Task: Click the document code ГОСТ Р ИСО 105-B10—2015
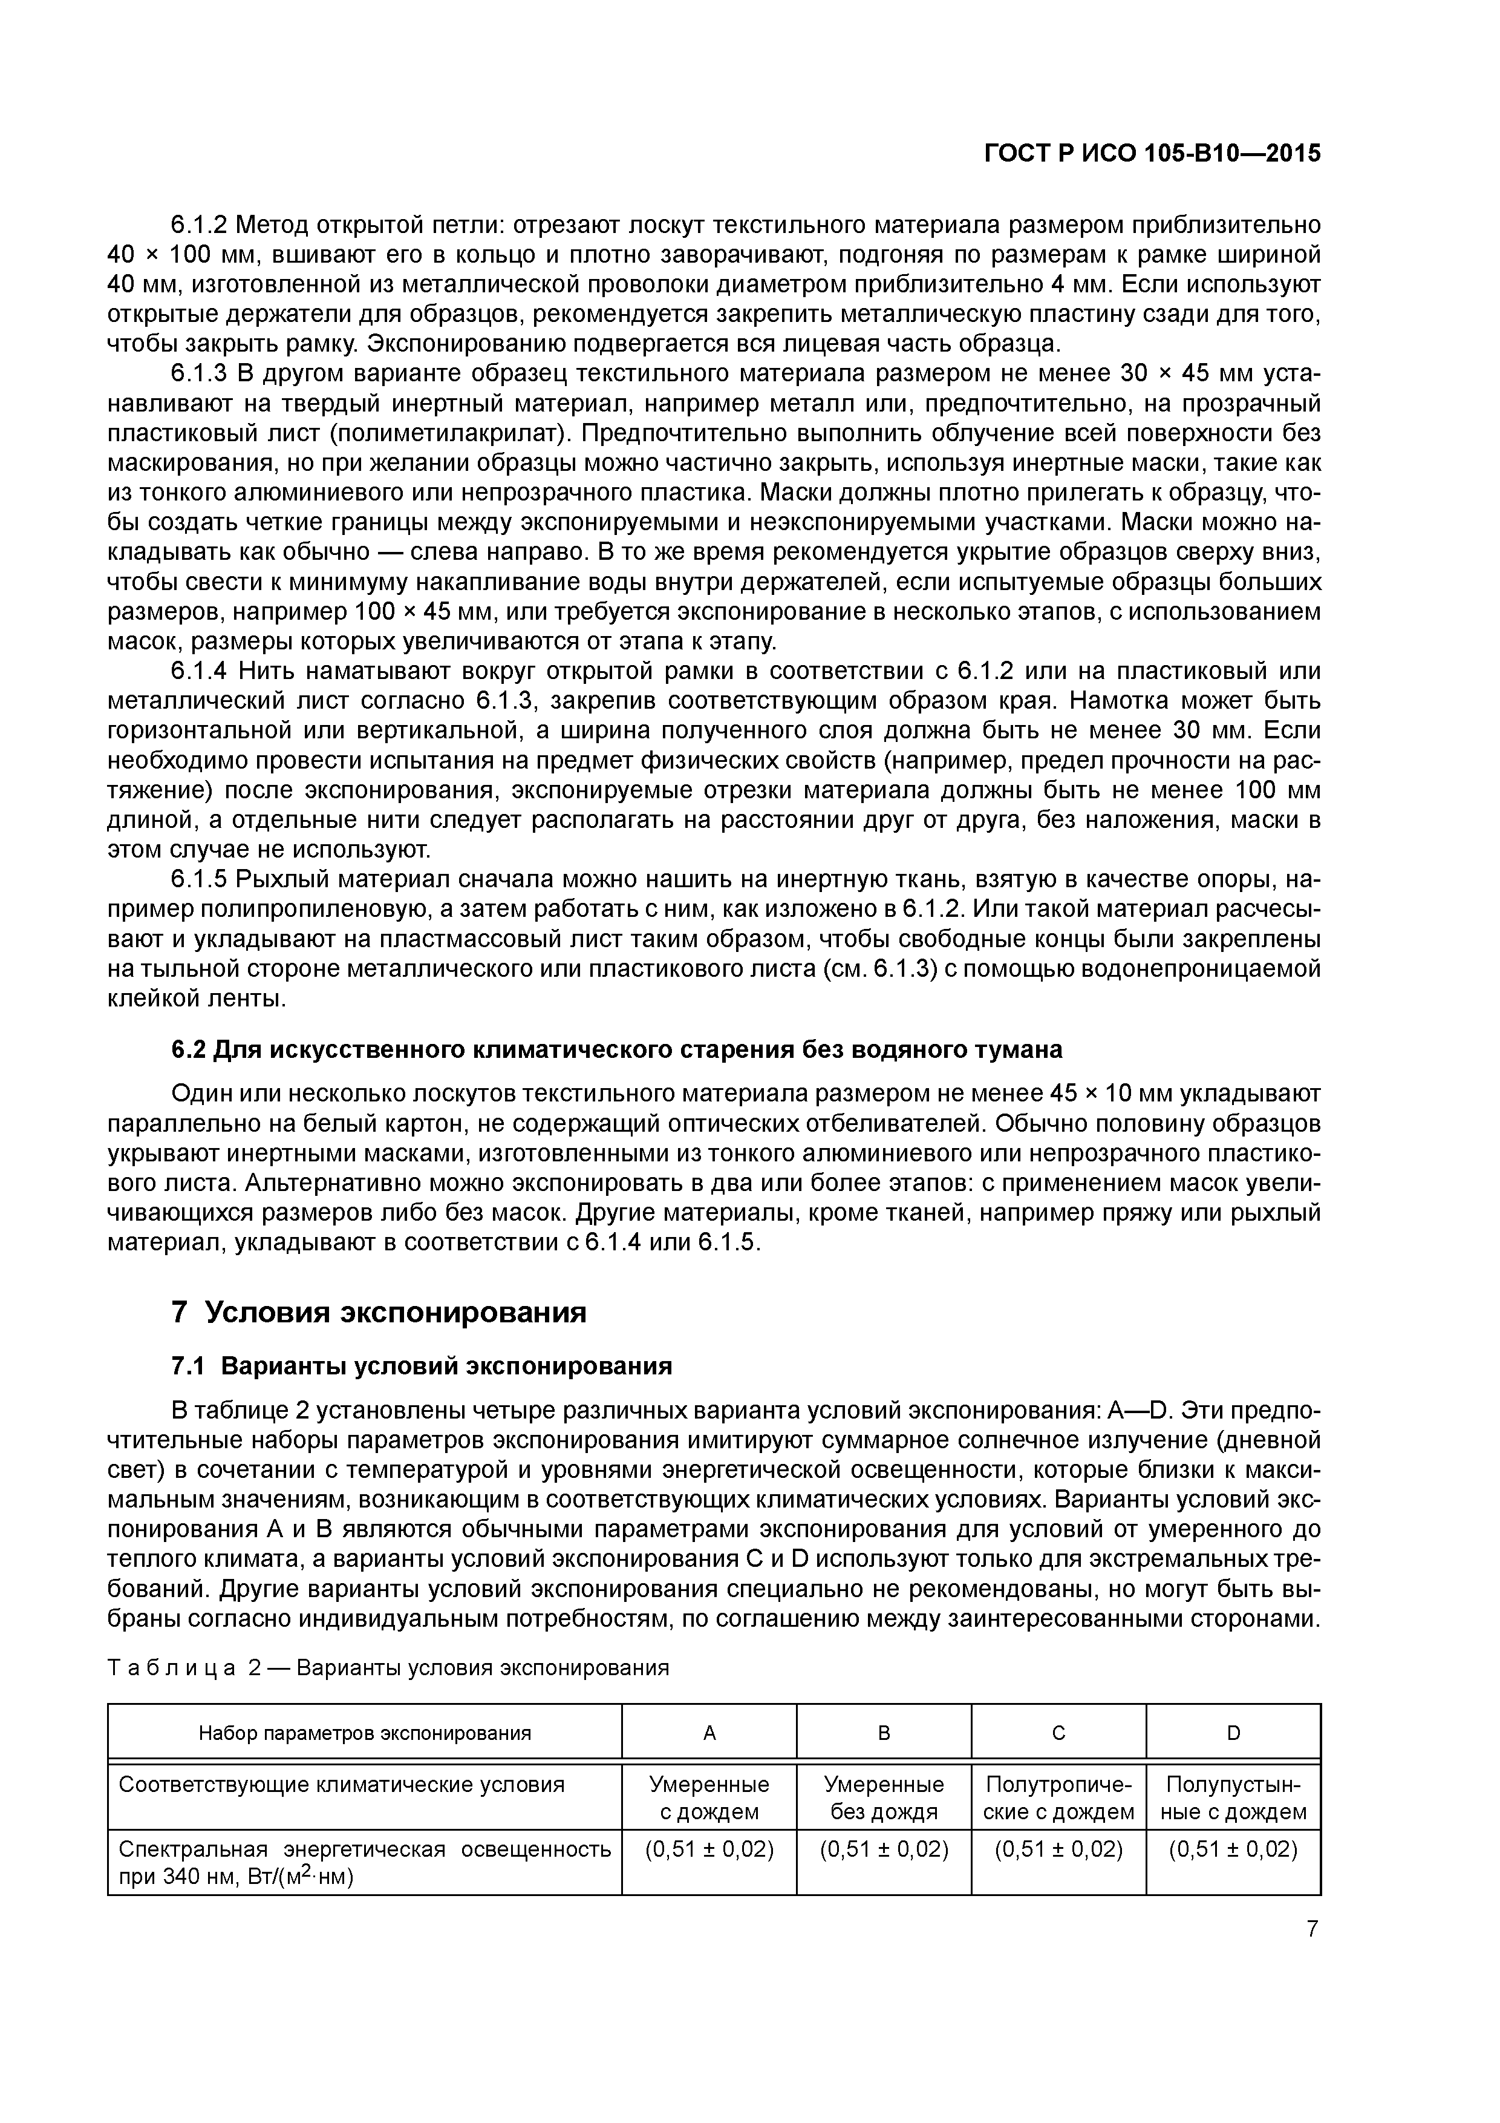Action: tap(1152, 154)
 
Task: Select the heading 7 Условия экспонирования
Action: tap(379, 1311)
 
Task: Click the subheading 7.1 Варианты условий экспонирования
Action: tap(422, 1366)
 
